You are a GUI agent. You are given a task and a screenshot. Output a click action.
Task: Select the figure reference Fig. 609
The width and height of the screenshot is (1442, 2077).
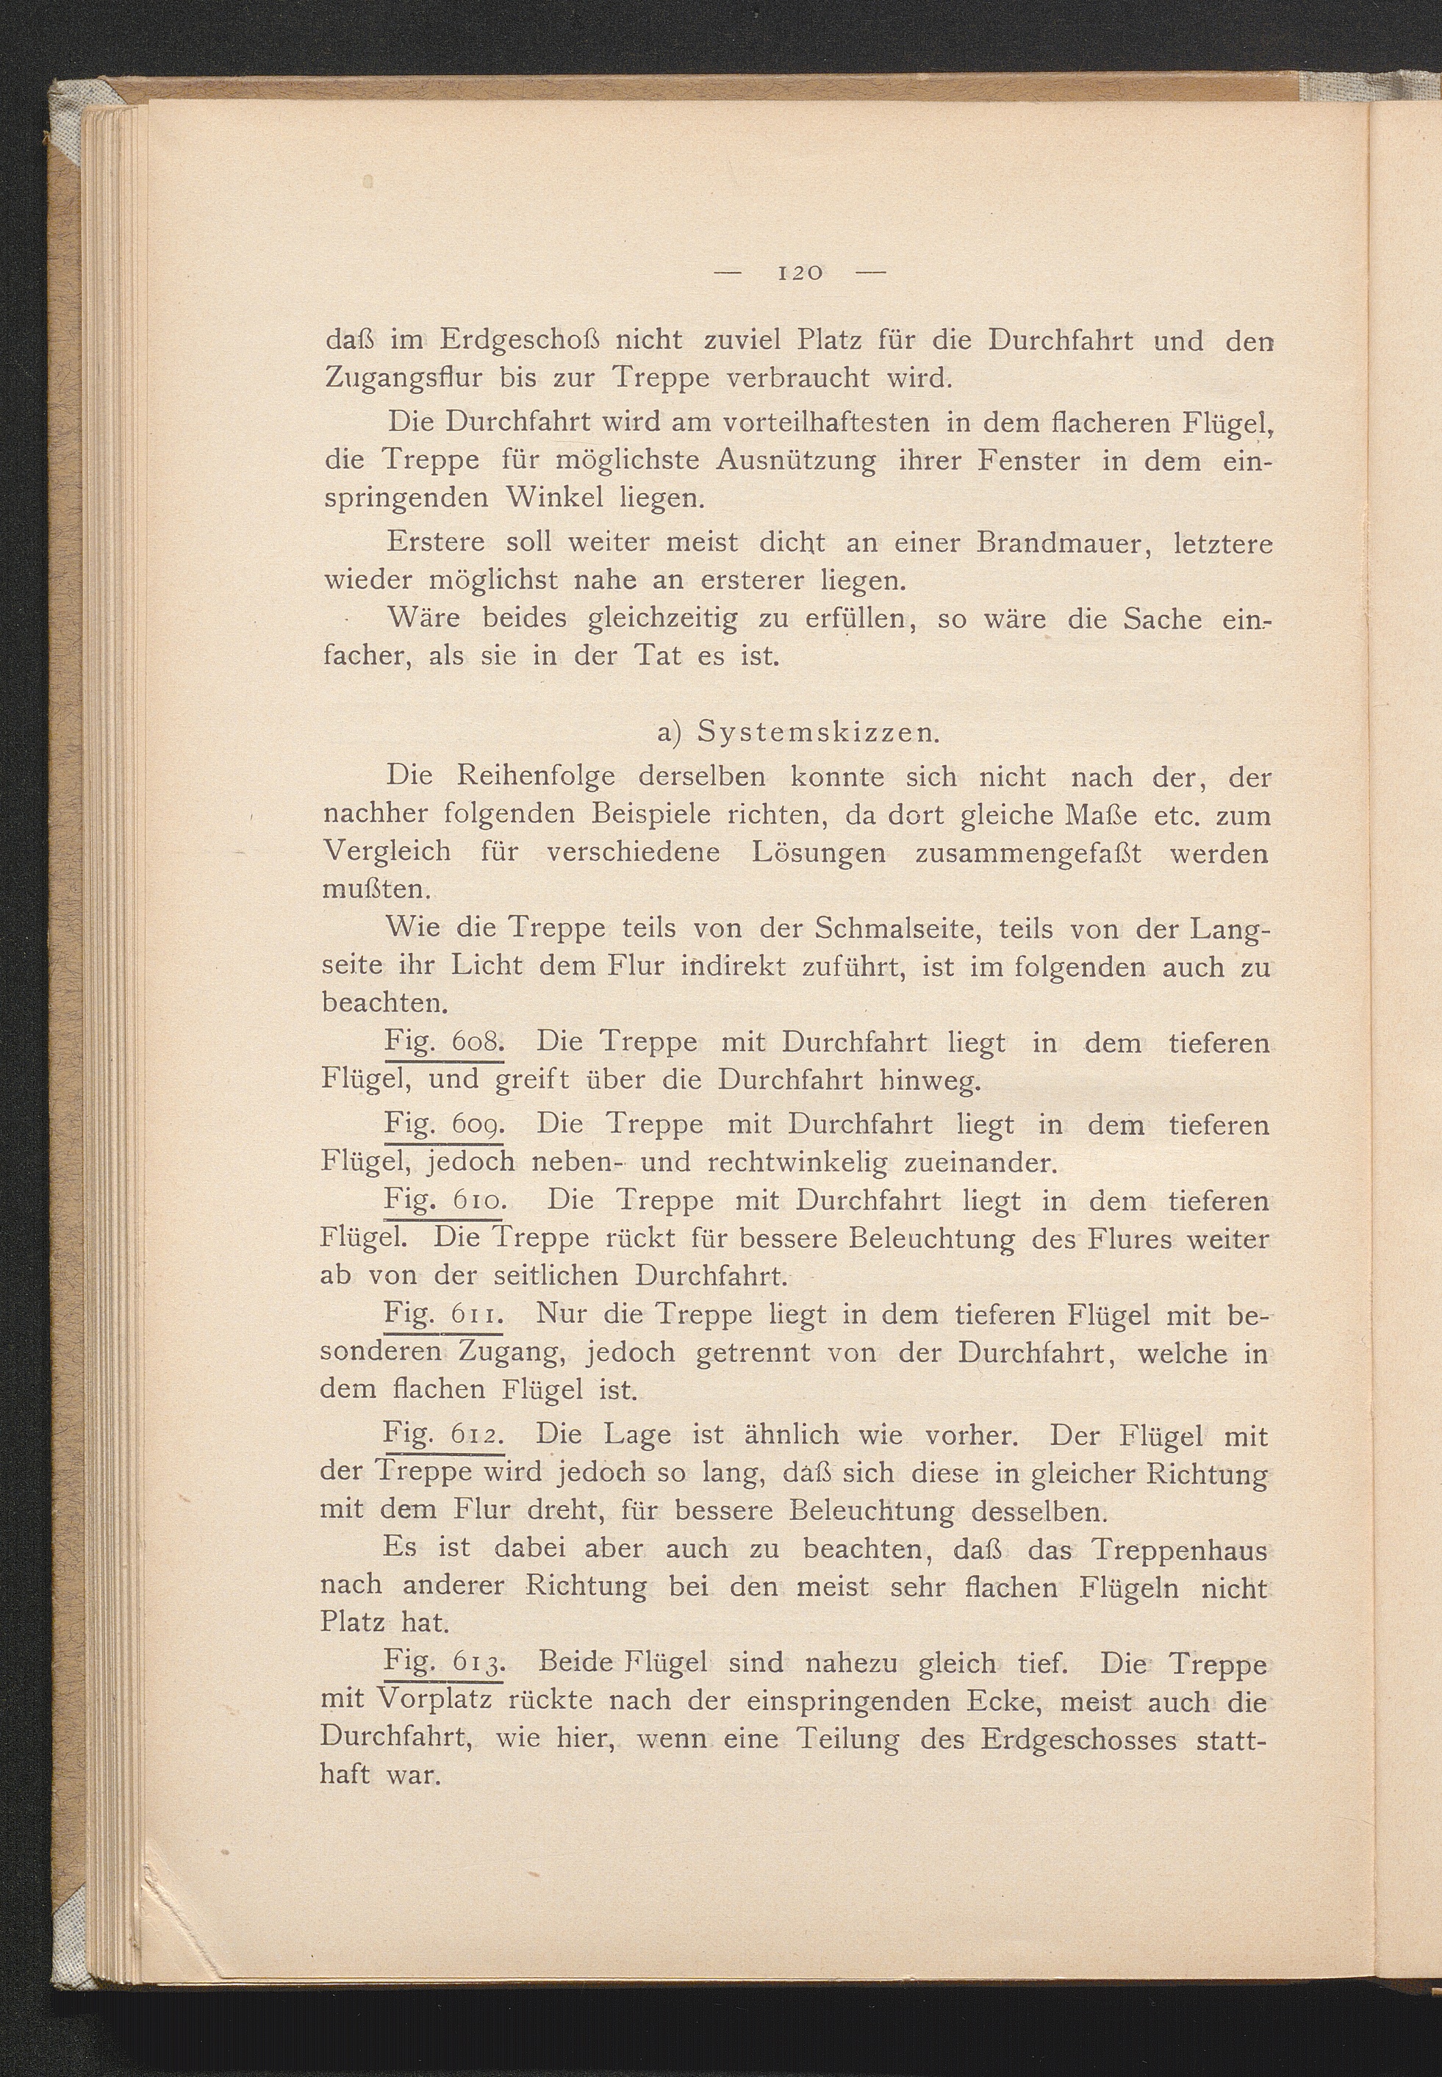coord(442,1124)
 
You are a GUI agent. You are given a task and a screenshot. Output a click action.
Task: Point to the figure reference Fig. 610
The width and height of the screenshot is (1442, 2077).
coord(442,1201)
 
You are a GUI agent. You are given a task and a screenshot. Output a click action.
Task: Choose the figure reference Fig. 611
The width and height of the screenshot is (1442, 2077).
coord(442,1313)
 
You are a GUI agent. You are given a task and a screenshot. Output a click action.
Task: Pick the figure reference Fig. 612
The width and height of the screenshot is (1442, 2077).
coord(442,1435)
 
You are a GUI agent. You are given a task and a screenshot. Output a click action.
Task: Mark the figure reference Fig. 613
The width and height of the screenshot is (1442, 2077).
coord(442,1662)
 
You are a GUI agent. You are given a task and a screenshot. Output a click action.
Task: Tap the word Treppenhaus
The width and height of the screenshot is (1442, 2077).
coord(1179,1549)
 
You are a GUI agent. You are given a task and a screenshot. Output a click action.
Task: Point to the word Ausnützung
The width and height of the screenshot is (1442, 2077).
coord(796,462)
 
